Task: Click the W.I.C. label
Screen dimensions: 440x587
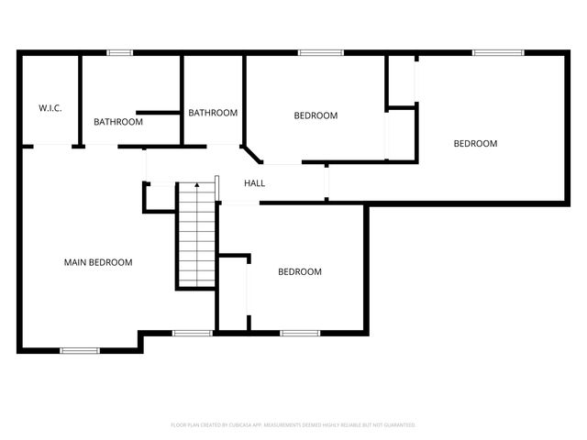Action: (50, 108)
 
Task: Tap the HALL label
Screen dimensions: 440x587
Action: (254, 183)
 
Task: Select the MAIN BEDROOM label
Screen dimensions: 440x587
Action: (97, 262)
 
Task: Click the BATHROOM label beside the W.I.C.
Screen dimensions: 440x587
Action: (118, 122)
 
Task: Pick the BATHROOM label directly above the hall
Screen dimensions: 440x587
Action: (213, 113)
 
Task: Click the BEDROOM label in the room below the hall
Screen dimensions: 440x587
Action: (300, 271)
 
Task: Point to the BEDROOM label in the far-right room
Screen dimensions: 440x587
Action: (475, 143)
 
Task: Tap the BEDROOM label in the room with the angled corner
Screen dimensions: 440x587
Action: (316, 115)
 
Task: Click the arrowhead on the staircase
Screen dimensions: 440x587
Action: (196, 186)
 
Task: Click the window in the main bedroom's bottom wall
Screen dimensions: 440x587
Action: (80, 350)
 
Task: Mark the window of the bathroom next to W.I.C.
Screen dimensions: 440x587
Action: (120, 52)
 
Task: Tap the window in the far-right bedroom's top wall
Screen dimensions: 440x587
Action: (497, 52)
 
